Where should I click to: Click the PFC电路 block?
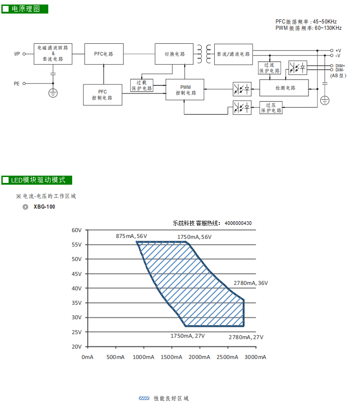(103, 54)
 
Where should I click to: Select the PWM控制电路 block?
(185, 89)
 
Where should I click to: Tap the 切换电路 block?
(174, 54)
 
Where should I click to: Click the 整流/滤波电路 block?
(233, 54)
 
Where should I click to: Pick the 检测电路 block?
(284, 88)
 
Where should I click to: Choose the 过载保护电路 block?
(142, 85)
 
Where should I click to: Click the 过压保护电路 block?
(271, 107)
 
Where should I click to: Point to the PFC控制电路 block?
(103, 94)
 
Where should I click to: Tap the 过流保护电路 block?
(269, 68)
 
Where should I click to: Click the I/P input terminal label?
(17, 54)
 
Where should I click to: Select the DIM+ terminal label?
(340, 65)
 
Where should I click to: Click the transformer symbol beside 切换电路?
(209, 53)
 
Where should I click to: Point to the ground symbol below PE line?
(53, 93)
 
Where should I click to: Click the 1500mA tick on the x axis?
(172, 357)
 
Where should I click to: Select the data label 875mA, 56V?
(131, 236)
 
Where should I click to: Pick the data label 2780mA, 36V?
(250, 283)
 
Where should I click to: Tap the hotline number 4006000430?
(238, 223)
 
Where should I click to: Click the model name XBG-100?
(45, 207)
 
